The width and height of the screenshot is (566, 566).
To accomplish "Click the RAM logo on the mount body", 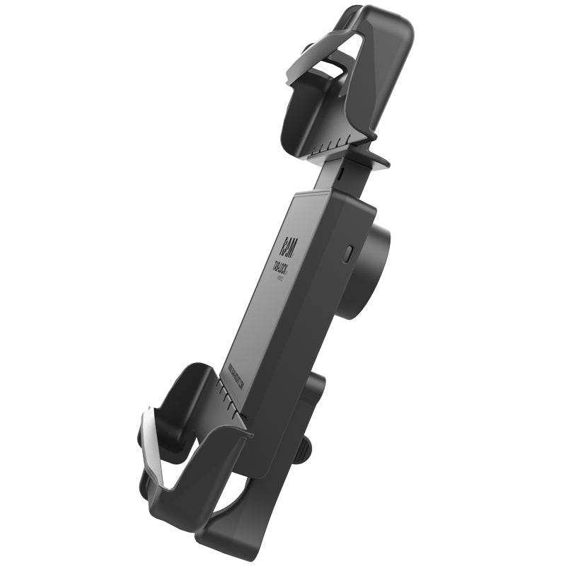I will coord(291,244).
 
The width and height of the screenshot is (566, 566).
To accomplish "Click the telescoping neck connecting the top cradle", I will coord(337,177).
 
